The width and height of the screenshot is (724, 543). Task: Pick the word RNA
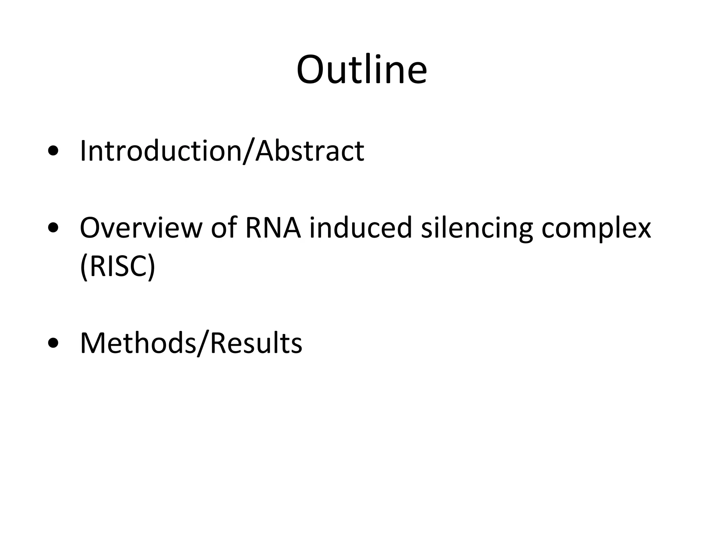point(273,228)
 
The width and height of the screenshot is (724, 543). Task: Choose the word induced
point(361,228)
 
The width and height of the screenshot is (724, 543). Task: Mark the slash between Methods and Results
point(203,344)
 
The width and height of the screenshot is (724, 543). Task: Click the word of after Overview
point(223,228)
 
